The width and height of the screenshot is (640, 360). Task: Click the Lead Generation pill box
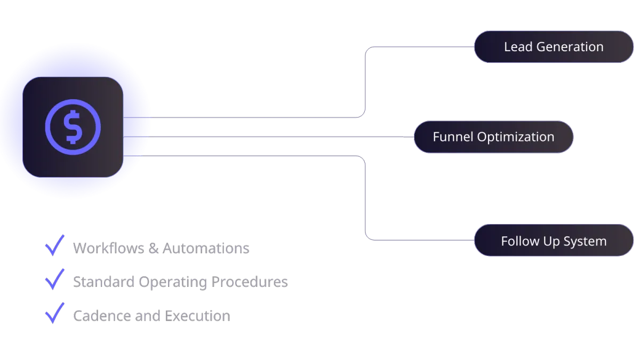[554, 47]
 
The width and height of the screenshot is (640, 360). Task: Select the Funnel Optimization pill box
[493, 137]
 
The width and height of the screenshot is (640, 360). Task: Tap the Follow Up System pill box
[554, 241]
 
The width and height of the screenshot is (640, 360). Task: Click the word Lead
[518, 47]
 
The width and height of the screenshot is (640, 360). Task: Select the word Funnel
[453, 137]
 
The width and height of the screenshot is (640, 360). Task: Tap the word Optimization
[516, 137]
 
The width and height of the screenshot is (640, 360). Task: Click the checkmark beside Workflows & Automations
[54, 246]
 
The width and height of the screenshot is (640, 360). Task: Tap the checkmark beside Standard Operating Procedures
[54, 279]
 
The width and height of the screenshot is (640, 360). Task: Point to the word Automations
[206, 249]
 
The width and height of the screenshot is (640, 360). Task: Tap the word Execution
[198, 316]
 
